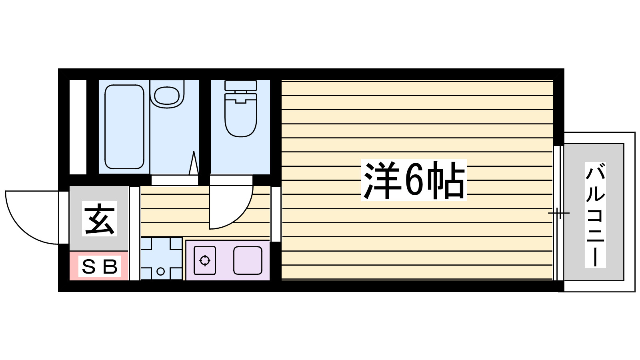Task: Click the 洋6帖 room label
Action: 414,180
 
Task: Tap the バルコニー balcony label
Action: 595,215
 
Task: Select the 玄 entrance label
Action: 100,219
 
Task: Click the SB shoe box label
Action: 99,266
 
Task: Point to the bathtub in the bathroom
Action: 124,126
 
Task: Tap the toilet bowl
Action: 240,116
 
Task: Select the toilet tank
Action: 240,86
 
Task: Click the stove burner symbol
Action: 205,260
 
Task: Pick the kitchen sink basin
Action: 248,260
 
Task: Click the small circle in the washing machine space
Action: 160,272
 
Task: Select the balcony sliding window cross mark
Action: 558,213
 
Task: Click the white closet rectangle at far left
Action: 78,127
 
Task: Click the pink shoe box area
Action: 99,266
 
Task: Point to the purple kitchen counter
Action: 227,260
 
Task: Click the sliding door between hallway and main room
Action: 276,214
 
